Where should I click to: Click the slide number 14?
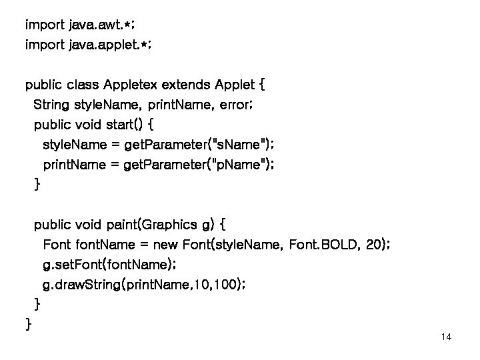(x=446, y=337)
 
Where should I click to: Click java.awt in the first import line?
(x=96, y=25)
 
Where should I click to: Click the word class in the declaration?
(x=83, y=85)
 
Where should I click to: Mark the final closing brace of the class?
(x=28, y=325)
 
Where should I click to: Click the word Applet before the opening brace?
(x=234, y=85)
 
